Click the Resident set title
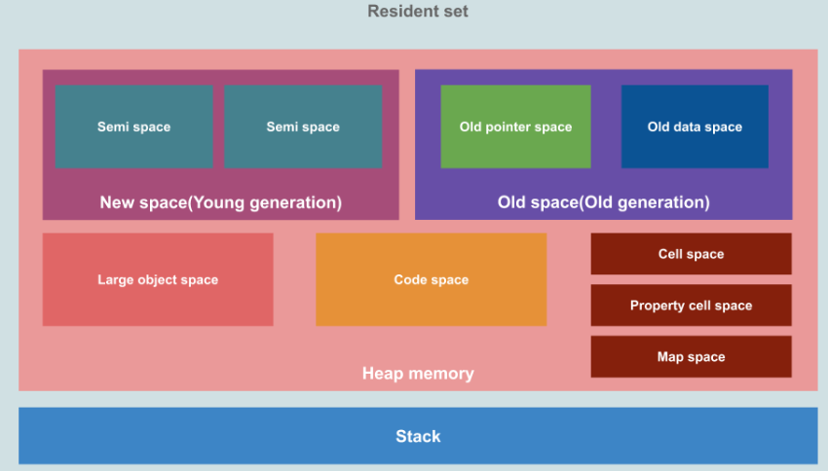[417, 12]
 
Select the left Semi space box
[133, 127]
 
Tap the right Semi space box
[303, 127]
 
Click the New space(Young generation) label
[221, 202]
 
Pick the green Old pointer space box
[515, 127]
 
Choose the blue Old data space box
[695, 127]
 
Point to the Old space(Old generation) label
[603, 202]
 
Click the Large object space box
[158, 279]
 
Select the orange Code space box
[431, 279]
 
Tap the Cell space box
[691, 254]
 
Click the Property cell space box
[691, 306]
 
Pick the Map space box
[691, 357]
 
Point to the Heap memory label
[418, 374]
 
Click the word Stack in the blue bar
[418, 436]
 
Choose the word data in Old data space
[690, 127]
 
